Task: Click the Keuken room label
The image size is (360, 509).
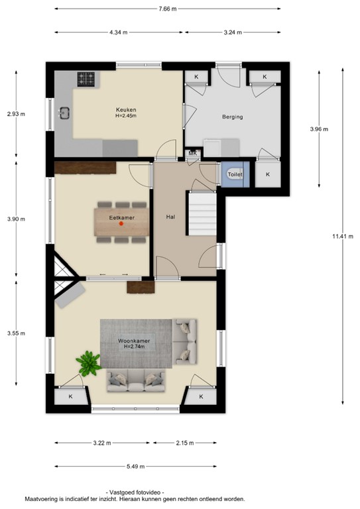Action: [x=125, y=109]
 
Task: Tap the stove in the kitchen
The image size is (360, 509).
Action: [x=86, y=80]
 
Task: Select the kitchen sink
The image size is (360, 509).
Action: [x=64, y=113]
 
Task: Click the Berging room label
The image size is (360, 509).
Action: [x=232, y=117]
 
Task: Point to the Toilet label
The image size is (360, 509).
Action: [x=235, y=174]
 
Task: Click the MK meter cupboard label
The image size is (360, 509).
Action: [x=193, y=154]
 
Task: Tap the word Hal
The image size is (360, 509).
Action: [x=170, y=216]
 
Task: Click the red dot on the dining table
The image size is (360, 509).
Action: [x=121, y=224]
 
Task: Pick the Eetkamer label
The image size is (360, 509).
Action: [x=121, y=216]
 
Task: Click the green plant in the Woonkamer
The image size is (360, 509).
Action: [x=88, y=362]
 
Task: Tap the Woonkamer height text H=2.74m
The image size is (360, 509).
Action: [x=135, y=347]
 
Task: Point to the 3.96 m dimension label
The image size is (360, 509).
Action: [x=320, y=129]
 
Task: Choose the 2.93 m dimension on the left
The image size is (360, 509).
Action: [x=16, y=114]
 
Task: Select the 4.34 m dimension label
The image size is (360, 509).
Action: [x=119, y=32]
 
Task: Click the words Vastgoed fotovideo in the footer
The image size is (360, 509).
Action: [x=135, y=492]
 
